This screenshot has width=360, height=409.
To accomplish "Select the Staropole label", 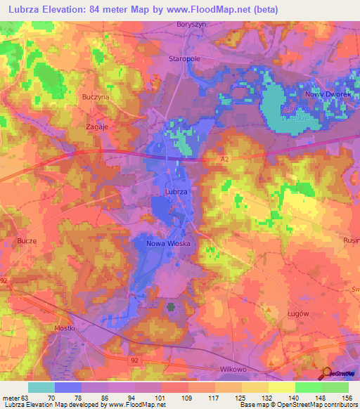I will pyautogui.click(x=186, y=59).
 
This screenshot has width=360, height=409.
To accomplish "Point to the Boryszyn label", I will pyautogui.click(x=191, y=24).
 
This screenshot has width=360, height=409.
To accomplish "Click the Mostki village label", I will pyautogui.click(x=63, y=328).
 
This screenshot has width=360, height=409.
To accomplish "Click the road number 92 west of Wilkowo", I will pyautogui.click(x=134, y=359).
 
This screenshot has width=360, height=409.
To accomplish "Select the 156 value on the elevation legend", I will pyautogui.click(x=347, y=397).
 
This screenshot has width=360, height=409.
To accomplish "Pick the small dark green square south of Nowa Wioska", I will pyautogui.click(x=171, y=307).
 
